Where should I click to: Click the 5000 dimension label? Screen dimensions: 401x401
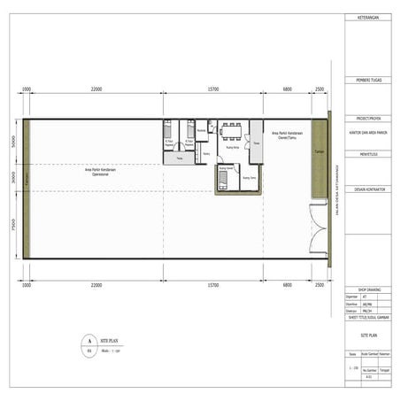pos(14,141)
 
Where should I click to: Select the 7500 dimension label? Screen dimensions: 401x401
pos(14,225)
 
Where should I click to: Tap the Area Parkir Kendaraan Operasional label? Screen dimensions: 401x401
pos(96,173)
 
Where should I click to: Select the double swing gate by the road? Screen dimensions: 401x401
pos(315,227)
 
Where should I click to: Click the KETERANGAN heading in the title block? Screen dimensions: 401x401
pos(367,18)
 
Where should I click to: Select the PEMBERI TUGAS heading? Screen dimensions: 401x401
pos(367,81)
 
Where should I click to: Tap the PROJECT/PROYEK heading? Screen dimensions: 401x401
pos(367,118)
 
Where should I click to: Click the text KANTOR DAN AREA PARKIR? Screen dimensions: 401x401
pos(367,135)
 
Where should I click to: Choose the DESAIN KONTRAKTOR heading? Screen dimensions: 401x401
pos(367,189)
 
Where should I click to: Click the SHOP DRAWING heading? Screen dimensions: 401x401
pos(367,289)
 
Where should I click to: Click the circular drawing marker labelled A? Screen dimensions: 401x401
pos(88,340)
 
